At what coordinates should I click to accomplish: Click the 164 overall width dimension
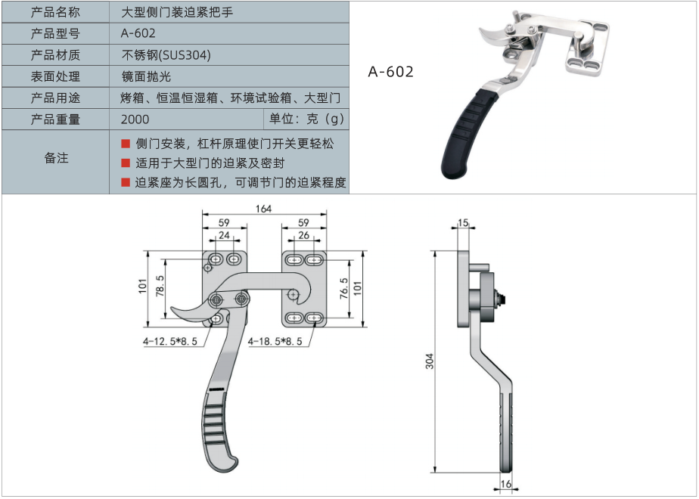263,209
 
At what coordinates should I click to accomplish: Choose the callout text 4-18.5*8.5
275,342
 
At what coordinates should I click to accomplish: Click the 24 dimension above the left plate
224,235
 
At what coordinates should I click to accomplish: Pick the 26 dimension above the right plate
304,235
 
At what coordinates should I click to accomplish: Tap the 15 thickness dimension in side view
463,223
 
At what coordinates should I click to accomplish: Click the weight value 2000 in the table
135,119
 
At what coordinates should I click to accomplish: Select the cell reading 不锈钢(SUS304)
166,55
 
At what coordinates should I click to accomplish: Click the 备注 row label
56,158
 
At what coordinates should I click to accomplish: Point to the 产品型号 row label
56,34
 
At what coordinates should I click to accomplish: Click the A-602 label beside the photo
391,72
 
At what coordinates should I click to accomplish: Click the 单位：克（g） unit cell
306,119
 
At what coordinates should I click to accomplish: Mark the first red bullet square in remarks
126,144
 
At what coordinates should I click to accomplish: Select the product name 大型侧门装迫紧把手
174,13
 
